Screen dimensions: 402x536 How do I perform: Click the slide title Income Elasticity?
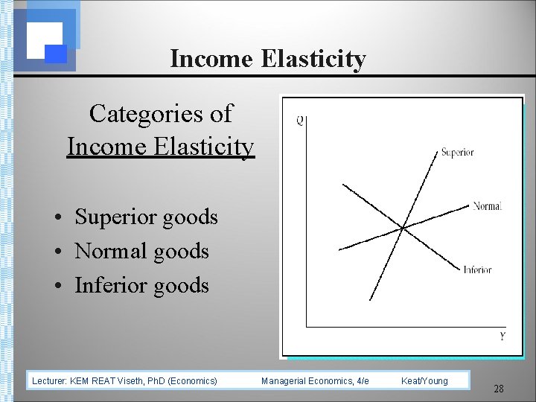point(268,59)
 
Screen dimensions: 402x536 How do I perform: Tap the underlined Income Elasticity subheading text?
point(160,147)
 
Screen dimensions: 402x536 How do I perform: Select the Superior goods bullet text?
point(146,217)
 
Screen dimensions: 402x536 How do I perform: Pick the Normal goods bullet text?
point(141,251)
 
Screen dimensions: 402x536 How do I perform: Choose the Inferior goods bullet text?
point(141,285)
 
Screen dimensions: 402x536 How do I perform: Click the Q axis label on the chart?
point(299,121)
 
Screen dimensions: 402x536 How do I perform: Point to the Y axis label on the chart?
point(502,336)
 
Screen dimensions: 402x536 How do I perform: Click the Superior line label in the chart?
point(457,153)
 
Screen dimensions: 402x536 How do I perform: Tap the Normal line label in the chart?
point(487,206)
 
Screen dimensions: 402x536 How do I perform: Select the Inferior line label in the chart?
point(477,269)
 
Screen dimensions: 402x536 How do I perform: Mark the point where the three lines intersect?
point(403,227)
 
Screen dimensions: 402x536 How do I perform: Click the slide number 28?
point(499,389)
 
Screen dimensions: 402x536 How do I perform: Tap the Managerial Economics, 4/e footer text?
point(315,380)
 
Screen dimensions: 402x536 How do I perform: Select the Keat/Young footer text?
point(424,380)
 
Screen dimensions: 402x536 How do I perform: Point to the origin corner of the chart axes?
point(307,326)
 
